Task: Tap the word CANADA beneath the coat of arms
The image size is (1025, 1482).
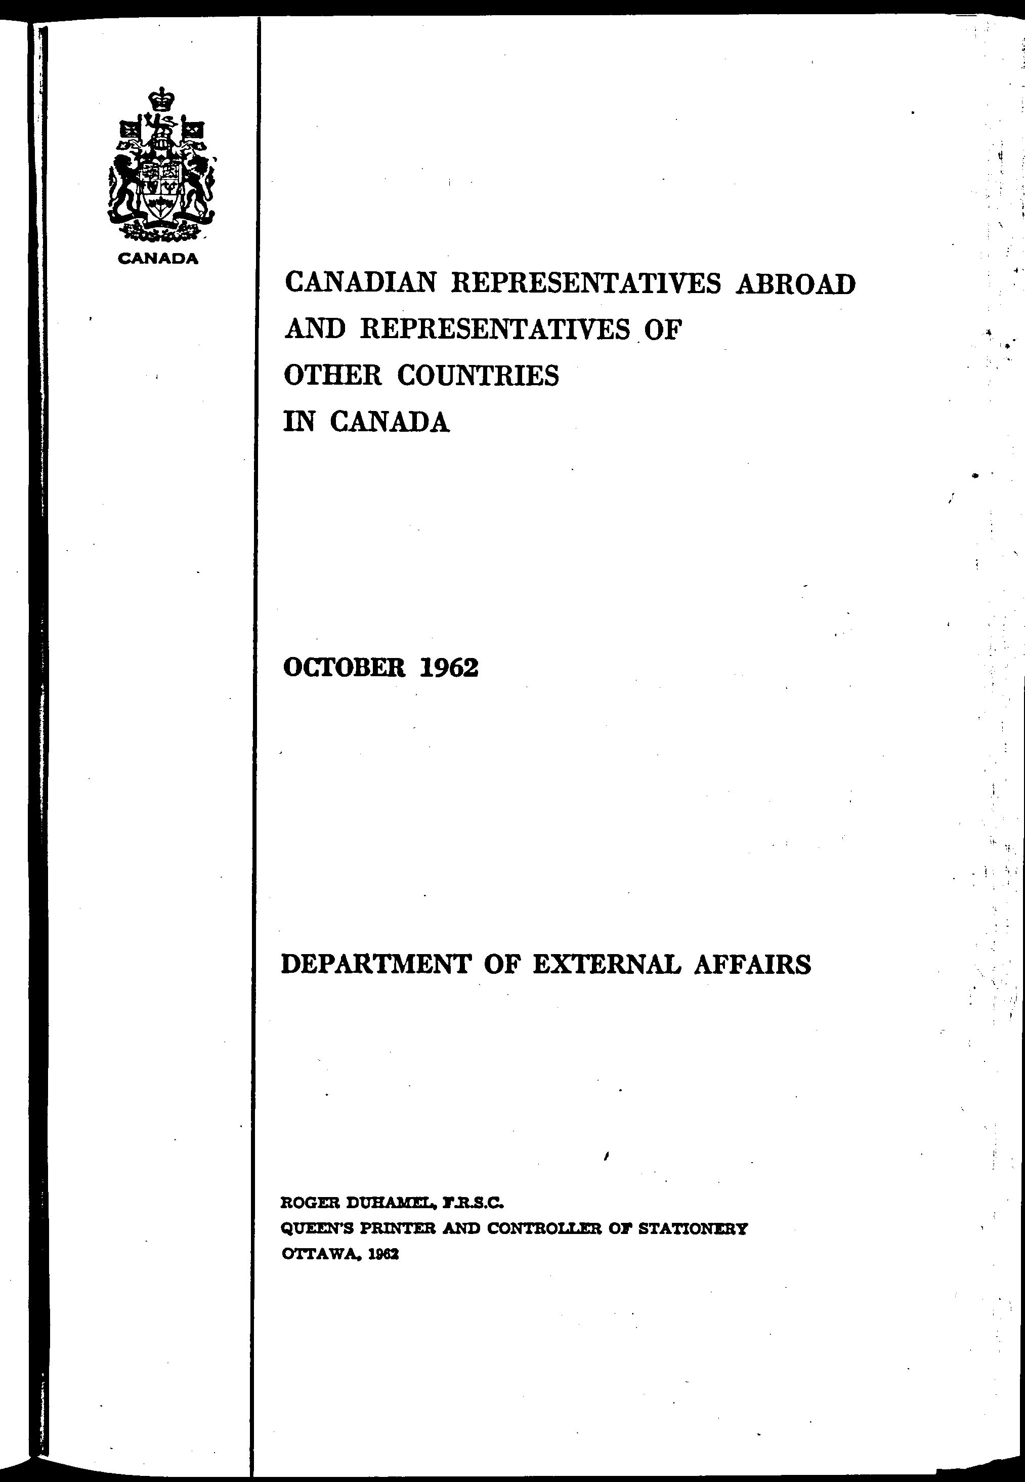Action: (x=157, y=259)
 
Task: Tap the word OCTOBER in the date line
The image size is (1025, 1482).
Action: (x=344, y=669)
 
